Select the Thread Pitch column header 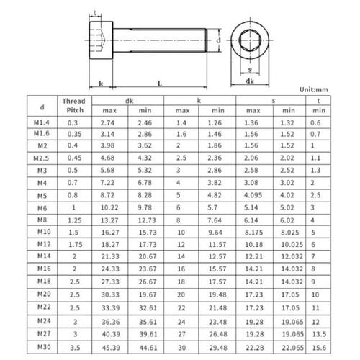click(73, 107)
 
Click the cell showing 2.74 click(109, 123)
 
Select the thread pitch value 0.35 click(73, 135)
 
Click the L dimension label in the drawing click(159, 84)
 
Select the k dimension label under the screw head click(101, 84)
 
